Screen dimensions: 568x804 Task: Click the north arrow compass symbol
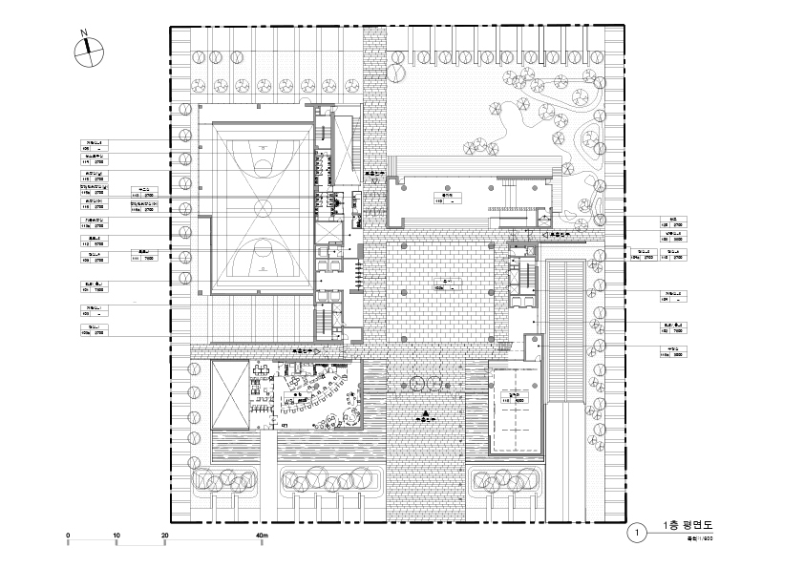click(86, 50)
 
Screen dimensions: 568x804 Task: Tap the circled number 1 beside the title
click(636, 531)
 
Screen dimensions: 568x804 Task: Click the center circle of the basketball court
click(262, 207)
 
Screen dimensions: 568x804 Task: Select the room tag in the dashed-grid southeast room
click(515, 395)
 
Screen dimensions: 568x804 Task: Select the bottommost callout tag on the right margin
click(672, 354)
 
